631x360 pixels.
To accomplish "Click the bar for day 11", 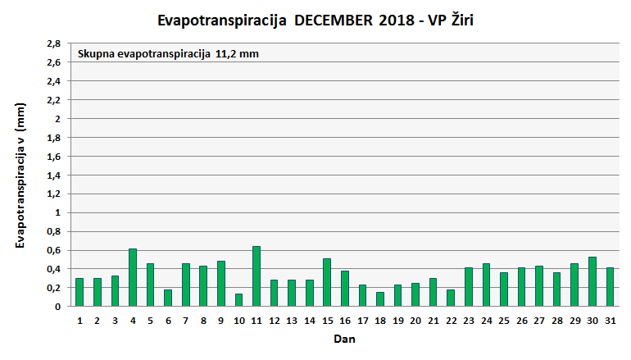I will click(x=256, y=276).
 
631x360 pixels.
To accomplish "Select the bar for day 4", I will click(x=133, y=277).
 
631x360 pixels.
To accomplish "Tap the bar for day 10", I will click(x=238, y=300).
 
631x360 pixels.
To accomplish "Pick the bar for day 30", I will click(x=592, y=281).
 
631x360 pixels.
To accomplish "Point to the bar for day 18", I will click(x=380, y=299).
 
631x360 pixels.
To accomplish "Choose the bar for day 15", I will click(x=327, y=282).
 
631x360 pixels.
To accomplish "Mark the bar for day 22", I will click(x=451, y=298).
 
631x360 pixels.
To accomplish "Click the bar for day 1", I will click(x=79, y=292).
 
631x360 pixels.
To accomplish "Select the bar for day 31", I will click(x=610, y=287).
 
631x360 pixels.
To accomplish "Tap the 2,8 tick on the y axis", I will click(x=53, y=43).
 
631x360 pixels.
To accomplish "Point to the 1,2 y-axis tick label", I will click(x=53, y=194).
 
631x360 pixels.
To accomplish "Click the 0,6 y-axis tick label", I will click(x=53, y=250).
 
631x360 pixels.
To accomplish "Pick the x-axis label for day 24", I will click(x=486, y=320).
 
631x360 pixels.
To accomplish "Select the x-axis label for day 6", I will click(x=168, y=320).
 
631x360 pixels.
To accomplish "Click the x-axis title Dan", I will click(x=344, y=338).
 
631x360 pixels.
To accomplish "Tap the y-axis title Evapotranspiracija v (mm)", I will click(x=21, y=175).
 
